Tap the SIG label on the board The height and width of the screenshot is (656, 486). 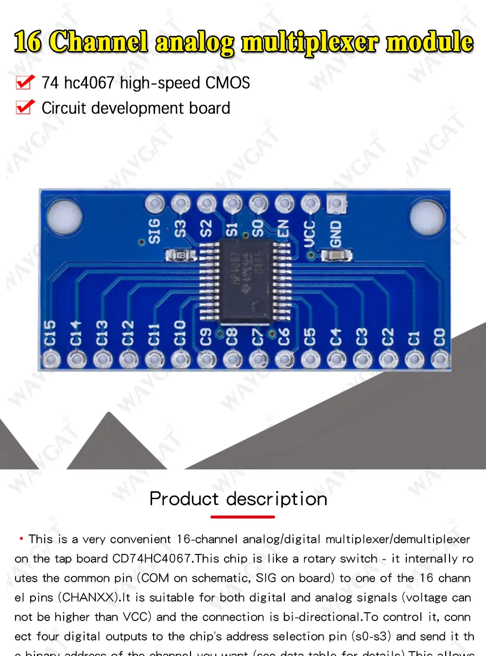point(154,231)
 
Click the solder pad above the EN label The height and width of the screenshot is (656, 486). point(284,204)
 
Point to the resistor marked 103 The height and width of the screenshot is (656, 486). point(180,255)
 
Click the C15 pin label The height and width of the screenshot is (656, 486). point(50,334)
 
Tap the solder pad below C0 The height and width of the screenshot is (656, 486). point(440,360)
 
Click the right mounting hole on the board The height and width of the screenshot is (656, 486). point(427,217)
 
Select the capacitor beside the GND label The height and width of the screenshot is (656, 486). point(336,255)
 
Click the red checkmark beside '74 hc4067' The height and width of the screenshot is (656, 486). point(25,82)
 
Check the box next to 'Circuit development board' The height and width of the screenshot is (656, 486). point(25,107)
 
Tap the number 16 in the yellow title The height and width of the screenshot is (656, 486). point(28,42)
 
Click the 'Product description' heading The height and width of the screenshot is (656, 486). point(238,499)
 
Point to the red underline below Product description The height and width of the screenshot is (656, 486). point(243,517)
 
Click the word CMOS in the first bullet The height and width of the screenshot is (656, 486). point(227,83)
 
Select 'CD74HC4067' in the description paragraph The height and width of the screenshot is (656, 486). point(152,559)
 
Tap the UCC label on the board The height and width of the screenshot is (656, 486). point(310,233)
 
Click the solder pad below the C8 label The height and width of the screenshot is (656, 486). point(232,360)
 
